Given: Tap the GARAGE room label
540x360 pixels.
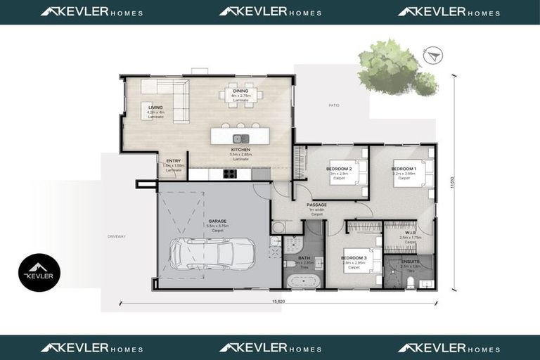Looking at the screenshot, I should [217, 221].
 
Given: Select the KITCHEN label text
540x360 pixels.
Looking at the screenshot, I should [240, 150].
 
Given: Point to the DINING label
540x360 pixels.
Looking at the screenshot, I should [240, 91].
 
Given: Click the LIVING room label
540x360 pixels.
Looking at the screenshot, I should [155, 108].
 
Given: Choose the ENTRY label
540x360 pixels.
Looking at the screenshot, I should [173, 161].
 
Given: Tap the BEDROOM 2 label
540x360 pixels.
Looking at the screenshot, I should [339, 169].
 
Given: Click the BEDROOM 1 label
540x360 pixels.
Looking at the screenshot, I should [404, 169].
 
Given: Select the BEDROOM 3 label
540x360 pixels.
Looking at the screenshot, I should [354, 258].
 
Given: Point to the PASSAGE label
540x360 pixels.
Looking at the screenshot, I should [316, 205].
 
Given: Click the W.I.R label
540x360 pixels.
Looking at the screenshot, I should [409, 232].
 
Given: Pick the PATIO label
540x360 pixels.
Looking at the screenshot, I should [333, 105].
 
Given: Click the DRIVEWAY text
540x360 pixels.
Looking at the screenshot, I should [116, 236].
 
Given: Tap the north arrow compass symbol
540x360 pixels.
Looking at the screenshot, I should [431, 54].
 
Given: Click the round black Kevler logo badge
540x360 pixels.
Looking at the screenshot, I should [39, 273].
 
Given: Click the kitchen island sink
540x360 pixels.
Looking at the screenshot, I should [240, 138].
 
